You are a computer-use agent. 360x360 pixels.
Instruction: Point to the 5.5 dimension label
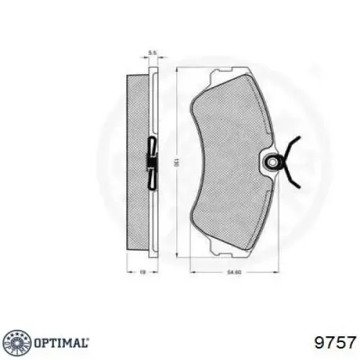[x=152, y=53]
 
